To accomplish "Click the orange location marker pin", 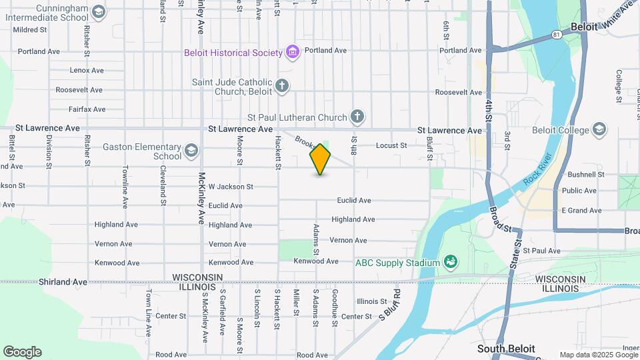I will pos(321,159).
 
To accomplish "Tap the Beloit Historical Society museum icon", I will pos(291,51).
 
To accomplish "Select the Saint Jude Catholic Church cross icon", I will pos(282,86).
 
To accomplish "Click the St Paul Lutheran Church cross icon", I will pos(357,117).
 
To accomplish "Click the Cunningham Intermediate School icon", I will pos(99,11).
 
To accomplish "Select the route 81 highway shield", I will pos(556,34).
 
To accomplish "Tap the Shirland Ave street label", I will pos(63,282).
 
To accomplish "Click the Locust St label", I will pos(391,145).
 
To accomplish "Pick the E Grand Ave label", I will pos(581,211).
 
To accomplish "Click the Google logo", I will pos(22,351).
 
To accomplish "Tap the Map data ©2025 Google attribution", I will pos(597,355).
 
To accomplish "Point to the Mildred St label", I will pos(30,30).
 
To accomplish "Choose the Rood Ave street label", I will pos(312,355).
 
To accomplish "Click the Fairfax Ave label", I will pos(87,109).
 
